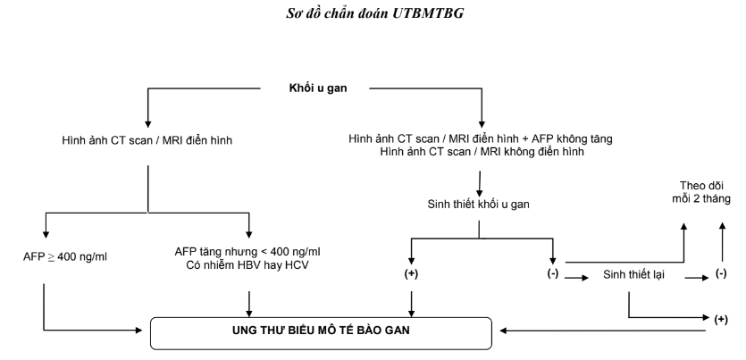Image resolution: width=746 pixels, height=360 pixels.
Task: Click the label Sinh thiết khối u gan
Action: pyautogui.click(x=479, y=205)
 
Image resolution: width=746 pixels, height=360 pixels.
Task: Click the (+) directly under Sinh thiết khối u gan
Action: pyautogui.click(x=412, y=273)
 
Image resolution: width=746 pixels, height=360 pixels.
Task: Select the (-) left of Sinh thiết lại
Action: pyautogui.click(x=553, y=273)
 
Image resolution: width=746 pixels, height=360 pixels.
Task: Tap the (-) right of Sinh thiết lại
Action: pyautogui.click(x=721, y=273)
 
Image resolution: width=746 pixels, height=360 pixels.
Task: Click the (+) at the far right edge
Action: pyautogui.click(x=721, y=318)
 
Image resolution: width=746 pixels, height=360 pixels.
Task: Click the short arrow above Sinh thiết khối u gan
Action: pyautogui.click(x=481, y=181)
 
